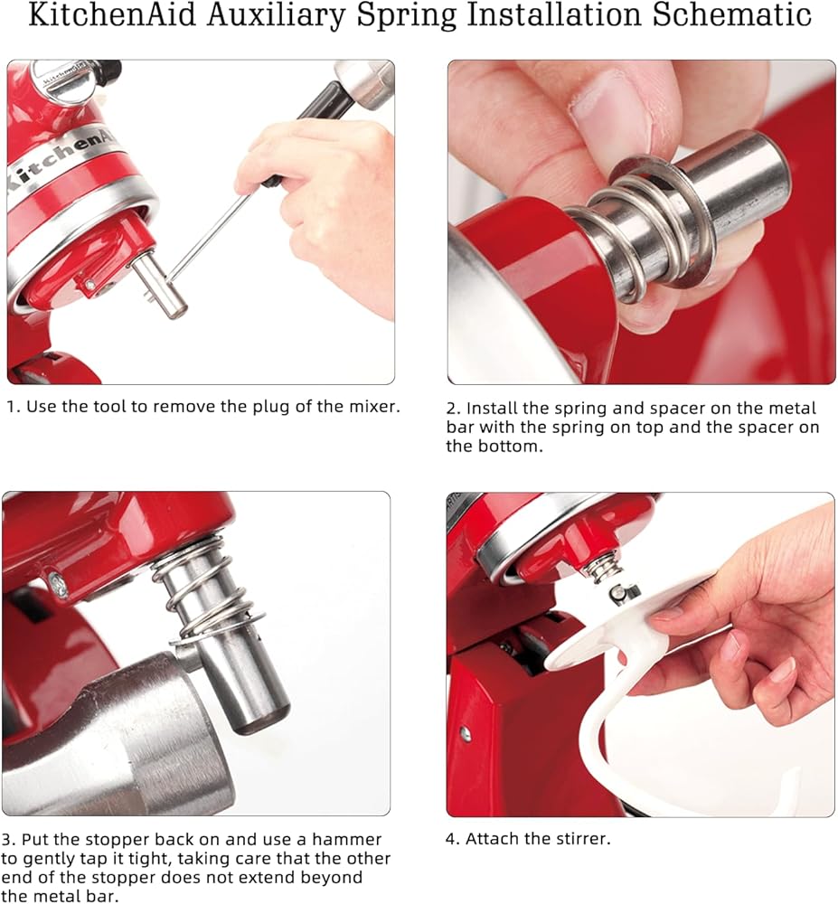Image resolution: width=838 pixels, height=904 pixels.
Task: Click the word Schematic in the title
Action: pos(732,14)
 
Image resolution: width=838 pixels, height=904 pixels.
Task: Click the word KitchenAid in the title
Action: pos(112,14)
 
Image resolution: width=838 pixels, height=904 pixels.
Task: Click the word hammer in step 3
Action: pos(346,840)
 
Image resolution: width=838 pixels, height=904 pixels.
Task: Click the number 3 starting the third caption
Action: pos(7,840)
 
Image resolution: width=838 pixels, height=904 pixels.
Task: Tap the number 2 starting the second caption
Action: pos(452,409)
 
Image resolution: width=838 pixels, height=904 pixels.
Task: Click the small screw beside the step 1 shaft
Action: pos(89,284)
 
